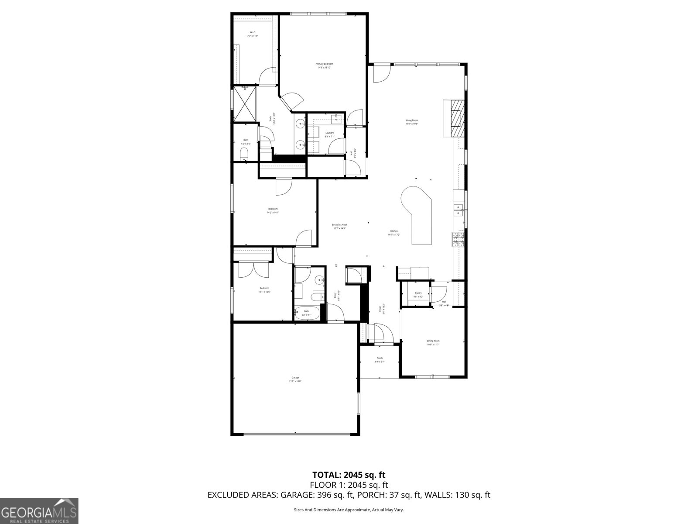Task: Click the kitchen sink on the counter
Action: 458,210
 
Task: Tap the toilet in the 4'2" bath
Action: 244,153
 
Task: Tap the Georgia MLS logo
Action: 39,510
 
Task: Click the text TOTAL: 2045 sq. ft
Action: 349,475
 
